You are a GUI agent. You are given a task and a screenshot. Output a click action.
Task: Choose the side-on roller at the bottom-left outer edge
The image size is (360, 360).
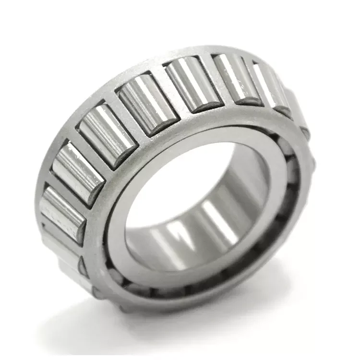pyautogui.click(x=62, y=254)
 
